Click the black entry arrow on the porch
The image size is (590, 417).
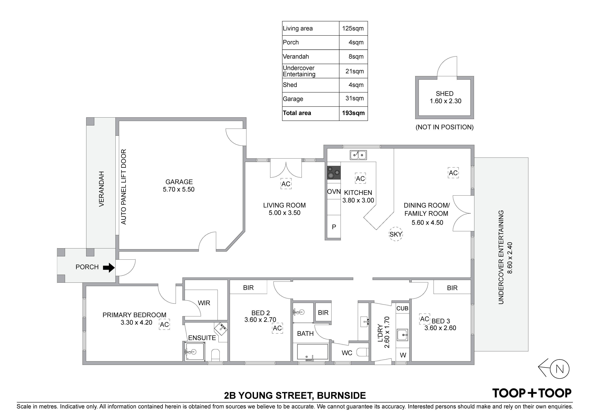coord(109,268)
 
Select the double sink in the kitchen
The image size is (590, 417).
coord(358,155)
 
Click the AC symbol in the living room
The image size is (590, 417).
coord(286,184)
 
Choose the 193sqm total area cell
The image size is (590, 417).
coord(353,113)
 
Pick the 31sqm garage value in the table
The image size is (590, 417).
coord(355,98)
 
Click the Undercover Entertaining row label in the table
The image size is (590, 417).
coord(299,71)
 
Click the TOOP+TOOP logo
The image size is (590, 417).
coord(532,393)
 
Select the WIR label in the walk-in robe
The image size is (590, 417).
coord(204,303)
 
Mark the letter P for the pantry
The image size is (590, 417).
coord(334,227)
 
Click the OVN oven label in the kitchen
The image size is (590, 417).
coord(334,192)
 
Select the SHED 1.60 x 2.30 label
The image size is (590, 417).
coord(446,97)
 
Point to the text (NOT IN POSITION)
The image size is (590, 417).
coord(445,127)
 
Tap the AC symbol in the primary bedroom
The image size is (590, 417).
coord(164,325)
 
